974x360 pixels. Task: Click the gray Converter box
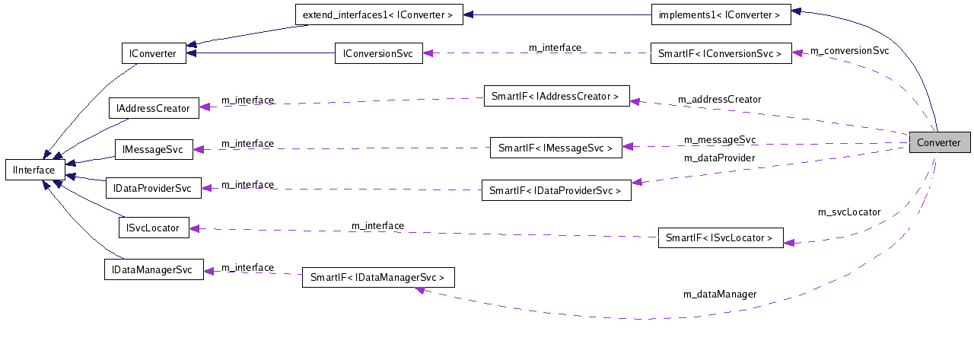pyautogui.click(x=939, y=142)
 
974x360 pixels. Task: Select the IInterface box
pyautogui.click(x=36, y=170)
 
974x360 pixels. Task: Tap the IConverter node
pyautogui.click(x=154, y=53)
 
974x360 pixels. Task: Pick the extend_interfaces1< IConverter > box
pyautogui.click(x=378, y=14)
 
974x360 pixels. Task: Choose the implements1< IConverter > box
pyautogui.click(x=720, y=14)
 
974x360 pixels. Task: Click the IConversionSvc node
pyautogui.click(x=379, y=53)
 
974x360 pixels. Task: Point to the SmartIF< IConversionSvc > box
pyautogui.click(x=720, y=53)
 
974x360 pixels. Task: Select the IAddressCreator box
pyautogui.click(x=153, y=108)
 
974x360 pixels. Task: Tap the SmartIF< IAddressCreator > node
pyautogui.click(x=556, y=96)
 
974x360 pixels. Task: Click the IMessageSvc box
pyautogui.click(x=154, y=150)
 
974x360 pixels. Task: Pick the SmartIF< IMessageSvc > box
pyautogui.click(x=555, y=148)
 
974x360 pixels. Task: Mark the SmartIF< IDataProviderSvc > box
pyautogui.click(x=555, y=190)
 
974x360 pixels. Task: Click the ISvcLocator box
pyautogui.click(x=154, y=227)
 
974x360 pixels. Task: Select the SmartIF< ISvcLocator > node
pyautogui.click(x=719, y=238)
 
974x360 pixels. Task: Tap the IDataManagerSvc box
pyautogui.click(x=154, y=269)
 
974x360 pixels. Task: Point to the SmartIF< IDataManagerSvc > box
pyautogui.click(x=378, y=277)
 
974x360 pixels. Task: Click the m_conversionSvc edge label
pyautogui.click(x=849, y=51)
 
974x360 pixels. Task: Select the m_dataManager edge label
pyautogui.click(x=720, y=294)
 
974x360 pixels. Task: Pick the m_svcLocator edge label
pyautogui.click(x=849, y=212)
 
